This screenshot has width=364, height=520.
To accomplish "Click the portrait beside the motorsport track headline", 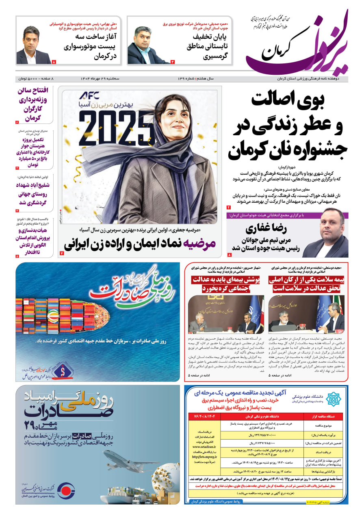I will [x=34, y=45].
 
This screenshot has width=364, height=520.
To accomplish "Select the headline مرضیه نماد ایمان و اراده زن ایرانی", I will [x=140, y=245].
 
